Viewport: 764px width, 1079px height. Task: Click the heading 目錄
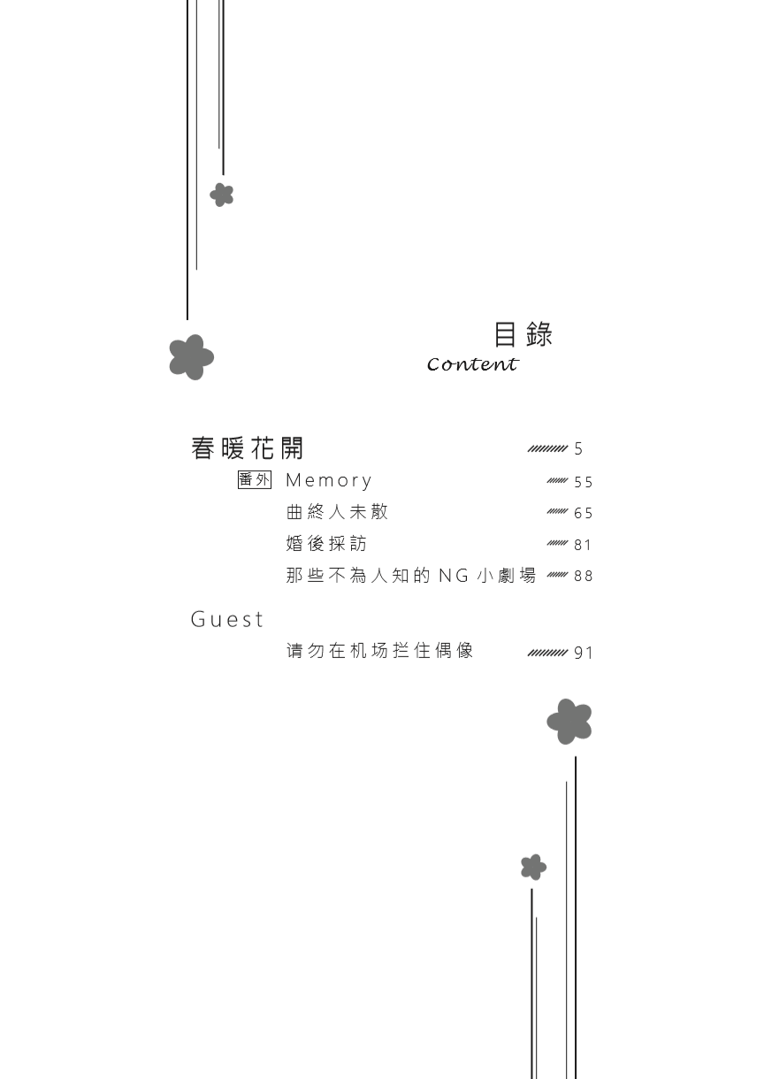(x=523, y=334)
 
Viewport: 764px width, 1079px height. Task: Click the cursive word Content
(x=472, y=364)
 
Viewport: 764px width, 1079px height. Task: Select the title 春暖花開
(x=247, y=448)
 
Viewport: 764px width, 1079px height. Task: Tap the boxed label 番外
(x=255, y=479)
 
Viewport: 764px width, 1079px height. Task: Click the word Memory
(x=329, y=481)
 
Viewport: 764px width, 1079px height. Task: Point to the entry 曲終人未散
(x=337, y=512)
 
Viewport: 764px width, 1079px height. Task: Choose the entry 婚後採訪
(x=326, y=543)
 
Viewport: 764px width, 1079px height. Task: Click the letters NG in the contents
(x=454, y=576)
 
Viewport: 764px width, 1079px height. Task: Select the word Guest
(x=227, y=619)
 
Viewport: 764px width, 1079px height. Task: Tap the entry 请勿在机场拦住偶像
(x=380, y=651)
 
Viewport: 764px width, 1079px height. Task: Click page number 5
(x=578, y=449)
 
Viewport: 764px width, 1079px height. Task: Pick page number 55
(x=583, y=482)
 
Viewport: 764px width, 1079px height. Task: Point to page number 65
(x=583, y=513)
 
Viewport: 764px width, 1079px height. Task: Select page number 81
(x=583, y=545)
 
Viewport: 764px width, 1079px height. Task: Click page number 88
(x=583, y=576)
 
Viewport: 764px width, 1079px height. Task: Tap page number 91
(x=583, y=654)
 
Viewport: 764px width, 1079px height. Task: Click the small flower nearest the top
(x=222, y=195)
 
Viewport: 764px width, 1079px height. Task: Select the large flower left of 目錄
(x=191, y=357)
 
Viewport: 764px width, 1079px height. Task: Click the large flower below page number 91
(x=569, y=722)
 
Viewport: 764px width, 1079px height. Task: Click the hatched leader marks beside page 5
(x=547, y=449)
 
